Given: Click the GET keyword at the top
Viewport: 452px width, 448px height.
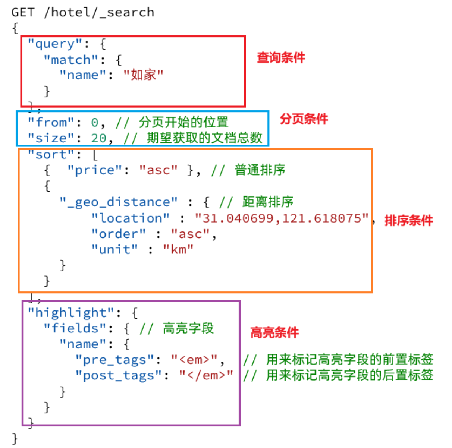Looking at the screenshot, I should point(23,12).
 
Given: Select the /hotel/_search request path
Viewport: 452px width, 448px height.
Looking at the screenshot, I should point(99,12).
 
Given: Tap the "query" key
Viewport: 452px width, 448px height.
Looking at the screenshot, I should point(55,44).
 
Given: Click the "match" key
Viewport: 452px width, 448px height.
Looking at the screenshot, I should point(71,60).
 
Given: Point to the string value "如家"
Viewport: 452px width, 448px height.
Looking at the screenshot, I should point(143,75).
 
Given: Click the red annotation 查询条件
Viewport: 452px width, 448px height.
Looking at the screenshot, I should point(281,58).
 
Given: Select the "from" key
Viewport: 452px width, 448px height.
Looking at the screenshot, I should point(51,122).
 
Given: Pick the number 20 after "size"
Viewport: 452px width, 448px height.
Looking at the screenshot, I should point(99,138).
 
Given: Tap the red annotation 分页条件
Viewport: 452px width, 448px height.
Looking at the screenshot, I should point(304,119).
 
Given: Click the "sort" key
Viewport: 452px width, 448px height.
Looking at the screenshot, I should point(51,154).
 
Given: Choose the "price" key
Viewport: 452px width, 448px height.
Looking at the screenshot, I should point(95,170).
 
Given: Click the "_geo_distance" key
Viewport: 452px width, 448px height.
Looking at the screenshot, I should point(119,202).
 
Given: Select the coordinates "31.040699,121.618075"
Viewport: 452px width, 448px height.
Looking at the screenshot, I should point(282,218).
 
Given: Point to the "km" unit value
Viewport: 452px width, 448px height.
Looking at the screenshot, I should point(178,249).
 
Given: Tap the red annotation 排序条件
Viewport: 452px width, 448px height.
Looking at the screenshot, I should point(409,221).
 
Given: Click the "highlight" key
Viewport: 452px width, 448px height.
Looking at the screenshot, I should point(71,313).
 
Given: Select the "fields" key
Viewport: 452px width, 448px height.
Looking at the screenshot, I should point(75,328).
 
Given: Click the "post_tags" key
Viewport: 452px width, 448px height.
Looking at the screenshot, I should point(119,375).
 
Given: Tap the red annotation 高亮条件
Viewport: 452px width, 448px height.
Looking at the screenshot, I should point(274,332).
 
